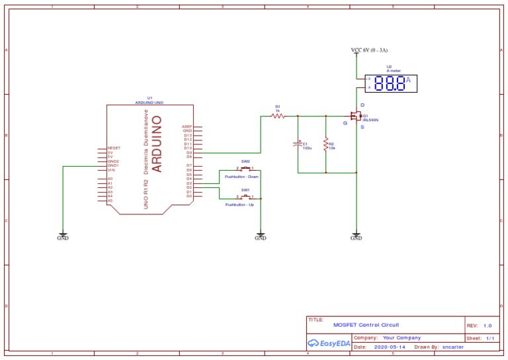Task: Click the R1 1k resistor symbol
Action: coord(278,116)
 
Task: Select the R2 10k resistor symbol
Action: coord(325,145)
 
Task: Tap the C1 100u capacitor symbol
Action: coord(298,143)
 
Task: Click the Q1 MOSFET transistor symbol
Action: coord(357,116)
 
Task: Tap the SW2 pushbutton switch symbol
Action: coord(245,169)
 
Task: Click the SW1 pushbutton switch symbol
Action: coord(245,197)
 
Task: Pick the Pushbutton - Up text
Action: coord(239,205)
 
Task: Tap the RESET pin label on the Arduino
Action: coord(114,148)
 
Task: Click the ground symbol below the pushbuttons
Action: coord(261,236)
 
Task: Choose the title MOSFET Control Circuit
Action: coord(366,325)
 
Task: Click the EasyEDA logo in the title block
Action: coord(329,343)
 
